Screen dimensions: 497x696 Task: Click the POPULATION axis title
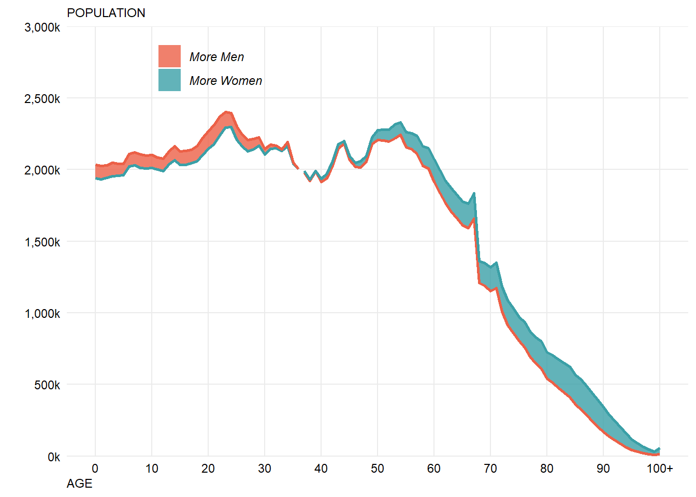pos(106,13)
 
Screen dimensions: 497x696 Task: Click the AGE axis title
pos(80,484)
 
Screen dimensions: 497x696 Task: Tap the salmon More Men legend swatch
pos(169,56)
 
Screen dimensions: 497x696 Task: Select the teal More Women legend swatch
pos(169,80)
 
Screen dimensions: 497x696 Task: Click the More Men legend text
pos(216,57)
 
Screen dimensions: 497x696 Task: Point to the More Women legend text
pos(226,81)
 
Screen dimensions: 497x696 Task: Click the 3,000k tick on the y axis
pos(42,27)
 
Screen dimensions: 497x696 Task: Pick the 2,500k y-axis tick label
pos(42,99)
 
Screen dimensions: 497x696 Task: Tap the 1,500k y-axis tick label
pos(42,242)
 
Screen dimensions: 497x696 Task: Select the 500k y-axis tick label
pos(47,385)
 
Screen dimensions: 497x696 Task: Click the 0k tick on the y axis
pos(54,457)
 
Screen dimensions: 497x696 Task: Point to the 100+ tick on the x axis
pos(660,469)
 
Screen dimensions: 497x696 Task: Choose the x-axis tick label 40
pos(321,469)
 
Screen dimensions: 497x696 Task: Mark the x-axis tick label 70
pos(490,469)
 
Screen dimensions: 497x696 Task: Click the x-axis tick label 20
pos(208,469)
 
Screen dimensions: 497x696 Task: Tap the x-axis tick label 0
pos(95,469)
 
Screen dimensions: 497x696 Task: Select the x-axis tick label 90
pos(603,469)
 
